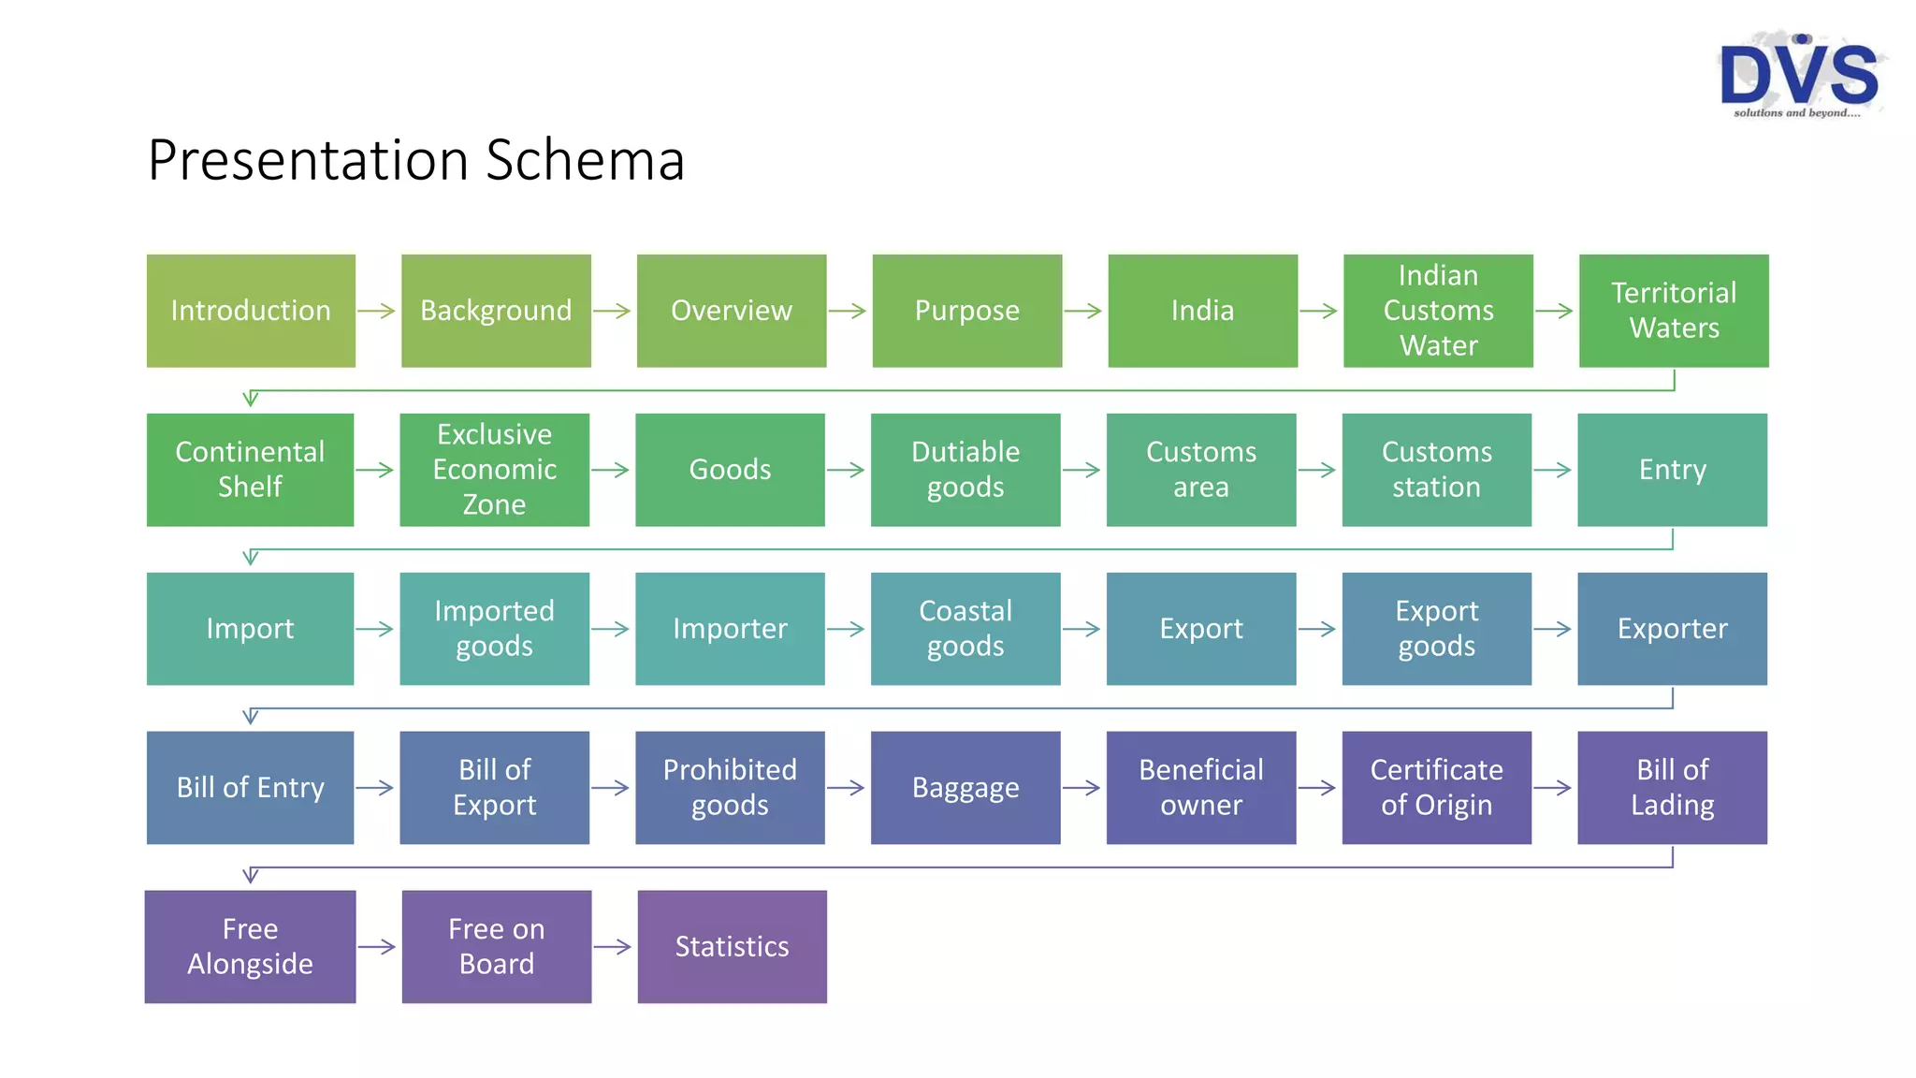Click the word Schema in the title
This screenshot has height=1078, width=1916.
point(585,160)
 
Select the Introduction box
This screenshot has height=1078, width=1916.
point(251,311)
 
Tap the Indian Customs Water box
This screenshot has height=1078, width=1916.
point(1438,311)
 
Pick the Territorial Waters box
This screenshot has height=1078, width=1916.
point(1674,311)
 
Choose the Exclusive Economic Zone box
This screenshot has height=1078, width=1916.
point(494,470)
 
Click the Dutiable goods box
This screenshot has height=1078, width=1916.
point(965,470)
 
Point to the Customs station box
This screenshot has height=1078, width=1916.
point(1436,470)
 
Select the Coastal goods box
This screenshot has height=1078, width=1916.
point(965,629)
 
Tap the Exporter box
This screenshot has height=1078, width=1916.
point(1672,629)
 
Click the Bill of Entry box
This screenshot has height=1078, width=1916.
point(250,788)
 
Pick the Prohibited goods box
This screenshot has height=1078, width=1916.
point(730,788)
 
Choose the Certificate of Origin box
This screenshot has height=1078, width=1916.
point(1436,788)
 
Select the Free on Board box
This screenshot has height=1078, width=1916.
point(497,947)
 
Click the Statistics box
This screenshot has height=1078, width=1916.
point(732,947)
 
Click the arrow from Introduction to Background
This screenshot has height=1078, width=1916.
point(377,311)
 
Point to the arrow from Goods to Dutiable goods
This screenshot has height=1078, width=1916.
point(846,470)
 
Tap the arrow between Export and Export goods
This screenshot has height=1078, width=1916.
point(1317,629)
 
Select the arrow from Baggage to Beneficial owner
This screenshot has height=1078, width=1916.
point(1081,788)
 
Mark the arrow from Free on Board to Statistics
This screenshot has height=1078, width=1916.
point(613,947)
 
